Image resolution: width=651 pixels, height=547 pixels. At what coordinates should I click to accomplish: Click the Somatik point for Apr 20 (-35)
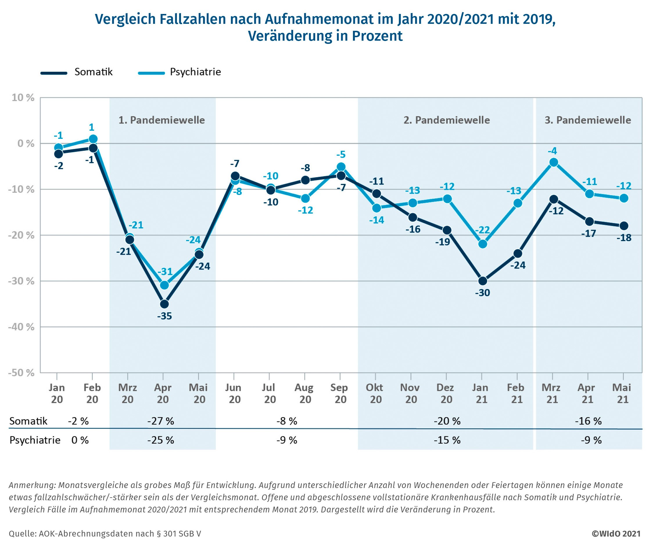click(x=164, y=304)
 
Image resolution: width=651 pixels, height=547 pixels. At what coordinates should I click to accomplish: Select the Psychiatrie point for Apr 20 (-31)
click(x=164, y=285)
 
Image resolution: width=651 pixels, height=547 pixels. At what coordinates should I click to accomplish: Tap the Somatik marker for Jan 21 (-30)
click(x=483, y=281)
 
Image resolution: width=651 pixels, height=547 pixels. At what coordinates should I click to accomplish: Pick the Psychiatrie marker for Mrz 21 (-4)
click(x=554, y=162)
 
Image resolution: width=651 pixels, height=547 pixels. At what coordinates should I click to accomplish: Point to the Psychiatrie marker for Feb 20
click(x=93, y=139)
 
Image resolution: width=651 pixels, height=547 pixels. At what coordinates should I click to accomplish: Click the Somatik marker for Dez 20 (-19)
click(x=447, y=230)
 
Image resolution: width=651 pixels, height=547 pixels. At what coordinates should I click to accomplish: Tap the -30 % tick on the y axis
click(x=21, y=281)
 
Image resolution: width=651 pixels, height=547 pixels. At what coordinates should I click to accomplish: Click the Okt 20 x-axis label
click(x=375, y=393)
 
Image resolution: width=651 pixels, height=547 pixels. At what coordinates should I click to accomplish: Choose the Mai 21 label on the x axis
click(x=622, y=393)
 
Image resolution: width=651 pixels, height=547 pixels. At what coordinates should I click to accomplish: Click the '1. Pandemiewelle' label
click(x=162, y=120)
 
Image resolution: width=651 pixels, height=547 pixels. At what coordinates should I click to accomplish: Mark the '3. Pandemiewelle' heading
click(x=588, y=120)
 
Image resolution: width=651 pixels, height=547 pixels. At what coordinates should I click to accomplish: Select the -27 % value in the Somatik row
click(x=161, y=421)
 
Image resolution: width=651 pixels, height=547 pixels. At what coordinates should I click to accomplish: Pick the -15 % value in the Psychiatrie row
click(x=447, y=440)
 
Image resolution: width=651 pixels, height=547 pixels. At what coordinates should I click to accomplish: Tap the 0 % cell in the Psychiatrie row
click(x=80, y=440)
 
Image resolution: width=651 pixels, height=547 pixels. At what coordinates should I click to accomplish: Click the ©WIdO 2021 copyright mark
click(x=616, y=534)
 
